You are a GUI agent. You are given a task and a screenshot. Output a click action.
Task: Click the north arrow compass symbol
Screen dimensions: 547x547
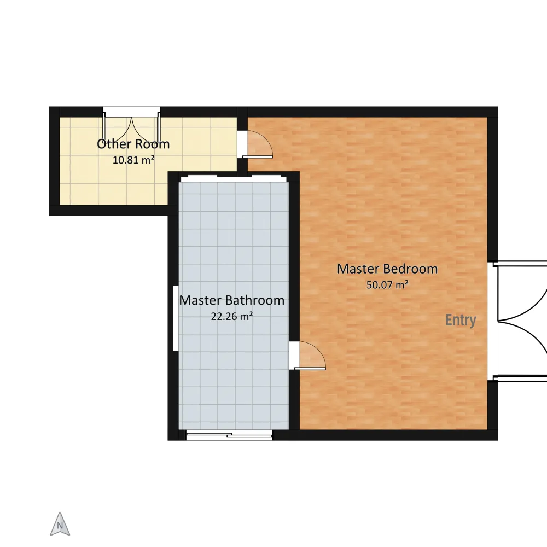60,524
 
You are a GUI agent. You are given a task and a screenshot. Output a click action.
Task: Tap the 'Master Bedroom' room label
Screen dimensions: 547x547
387,269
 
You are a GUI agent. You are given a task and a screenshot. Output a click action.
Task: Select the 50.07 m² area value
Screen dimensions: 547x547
387,284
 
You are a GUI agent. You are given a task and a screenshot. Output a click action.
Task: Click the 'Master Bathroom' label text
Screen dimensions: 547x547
231,300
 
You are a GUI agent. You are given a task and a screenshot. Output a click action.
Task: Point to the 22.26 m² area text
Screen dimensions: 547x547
231,316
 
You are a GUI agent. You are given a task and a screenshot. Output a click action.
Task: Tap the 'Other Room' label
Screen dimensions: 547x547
133,144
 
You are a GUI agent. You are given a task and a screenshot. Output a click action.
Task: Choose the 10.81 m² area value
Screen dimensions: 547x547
133,160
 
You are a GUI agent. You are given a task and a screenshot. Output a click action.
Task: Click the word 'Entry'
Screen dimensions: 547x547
461,320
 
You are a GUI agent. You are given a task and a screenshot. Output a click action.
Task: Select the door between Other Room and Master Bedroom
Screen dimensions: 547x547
255,144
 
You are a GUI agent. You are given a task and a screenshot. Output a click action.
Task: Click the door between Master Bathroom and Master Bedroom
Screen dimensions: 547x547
307,356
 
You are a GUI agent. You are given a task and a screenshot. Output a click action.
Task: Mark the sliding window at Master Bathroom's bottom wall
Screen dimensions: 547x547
229,435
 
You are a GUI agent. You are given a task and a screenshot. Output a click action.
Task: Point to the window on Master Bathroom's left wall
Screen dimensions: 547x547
176,318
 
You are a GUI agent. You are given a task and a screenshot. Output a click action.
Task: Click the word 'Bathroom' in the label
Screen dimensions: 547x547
255,300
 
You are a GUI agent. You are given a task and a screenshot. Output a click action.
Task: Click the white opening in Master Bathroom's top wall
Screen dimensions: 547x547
234,179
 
